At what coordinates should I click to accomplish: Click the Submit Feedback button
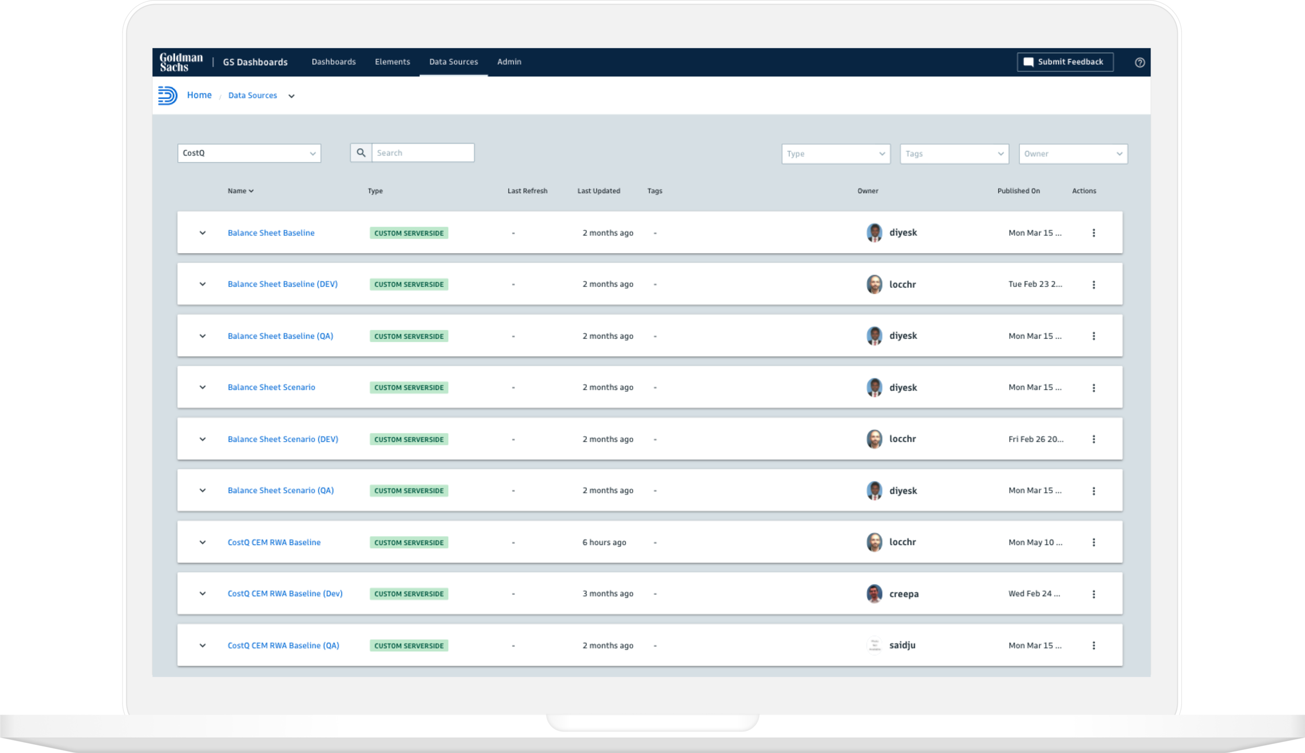tap(1064, 62)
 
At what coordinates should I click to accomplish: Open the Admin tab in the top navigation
tap(509, 62)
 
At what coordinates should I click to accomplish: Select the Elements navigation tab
tap(392, 62)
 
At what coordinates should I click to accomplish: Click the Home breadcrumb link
tap(199, 95)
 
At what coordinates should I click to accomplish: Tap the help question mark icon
tap(1140, 63)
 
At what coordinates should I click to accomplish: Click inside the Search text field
tap(422, 153)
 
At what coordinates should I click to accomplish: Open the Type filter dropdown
tap(835, 154)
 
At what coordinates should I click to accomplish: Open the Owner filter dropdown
tap(1073, 154)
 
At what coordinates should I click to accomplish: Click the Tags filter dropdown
tap(954, 154)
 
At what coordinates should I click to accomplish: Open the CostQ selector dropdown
tap(249, 154)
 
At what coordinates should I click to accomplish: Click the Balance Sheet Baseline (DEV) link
tap(282, 284)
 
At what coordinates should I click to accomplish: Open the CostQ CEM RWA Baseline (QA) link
tap(283, 645)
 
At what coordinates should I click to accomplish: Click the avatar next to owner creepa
tap(874, 594)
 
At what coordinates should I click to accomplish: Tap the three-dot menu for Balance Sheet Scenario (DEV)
tap(1094, 439)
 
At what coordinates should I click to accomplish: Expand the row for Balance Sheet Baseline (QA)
tap(203, 336)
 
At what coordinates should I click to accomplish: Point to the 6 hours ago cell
tap(604, 543)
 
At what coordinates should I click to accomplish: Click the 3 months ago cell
tap(608, 594)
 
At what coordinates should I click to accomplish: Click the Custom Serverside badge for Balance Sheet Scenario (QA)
tap(409, 491)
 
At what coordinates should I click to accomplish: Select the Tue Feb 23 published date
tap(1035, 284)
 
